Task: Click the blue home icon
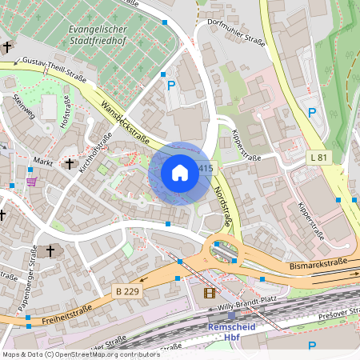[180, 173]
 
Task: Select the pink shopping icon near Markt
[31, 182]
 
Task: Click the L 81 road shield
[318, 158]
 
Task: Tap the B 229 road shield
[126, 291]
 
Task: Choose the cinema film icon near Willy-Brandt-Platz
[210, 294]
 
